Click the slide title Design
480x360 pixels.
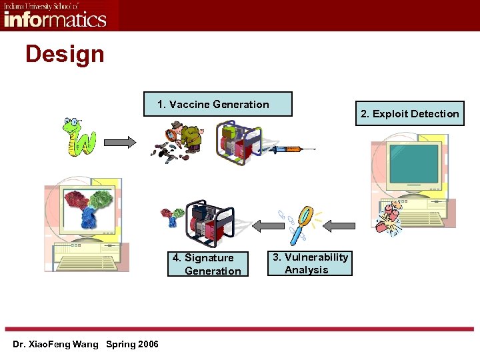pos(65,54)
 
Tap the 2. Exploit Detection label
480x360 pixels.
pos(409,113)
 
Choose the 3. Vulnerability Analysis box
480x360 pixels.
pos(310,263)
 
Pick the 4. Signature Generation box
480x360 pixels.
pos(208,264)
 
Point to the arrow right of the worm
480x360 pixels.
pos(121,141)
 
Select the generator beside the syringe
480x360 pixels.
pos(235,141)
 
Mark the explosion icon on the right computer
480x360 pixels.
pos(389,218)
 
